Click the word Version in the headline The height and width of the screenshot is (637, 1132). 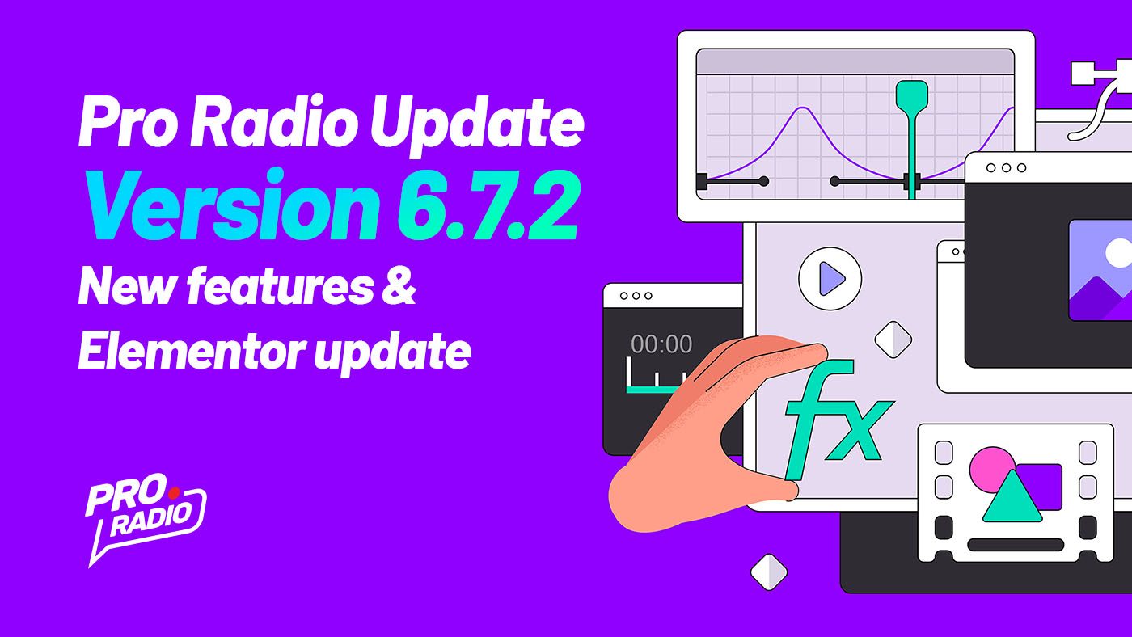(x=232, y=205)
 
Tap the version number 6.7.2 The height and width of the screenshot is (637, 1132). (x=488, y=205)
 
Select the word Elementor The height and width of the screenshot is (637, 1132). (x=192, y=350)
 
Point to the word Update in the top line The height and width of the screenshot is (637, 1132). (x=477, y=124)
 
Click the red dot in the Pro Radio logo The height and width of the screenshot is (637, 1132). (x=174, y=492)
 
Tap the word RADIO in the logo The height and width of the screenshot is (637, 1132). (x=151, y=521)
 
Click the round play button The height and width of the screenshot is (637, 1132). (x=830, y=278)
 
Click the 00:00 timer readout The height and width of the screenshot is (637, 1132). (x=661, y=344)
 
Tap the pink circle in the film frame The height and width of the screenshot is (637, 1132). (x=990, y=469)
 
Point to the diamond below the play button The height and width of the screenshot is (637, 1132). (x=893, y=340)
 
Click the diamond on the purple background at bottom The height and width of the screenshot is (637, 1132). (x=769, y=572)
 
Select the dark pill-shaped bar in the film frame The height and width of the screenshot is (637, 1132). (x=1016, y=545)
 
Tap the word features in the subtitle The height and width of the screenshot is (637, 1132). (x=280, y=286)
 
